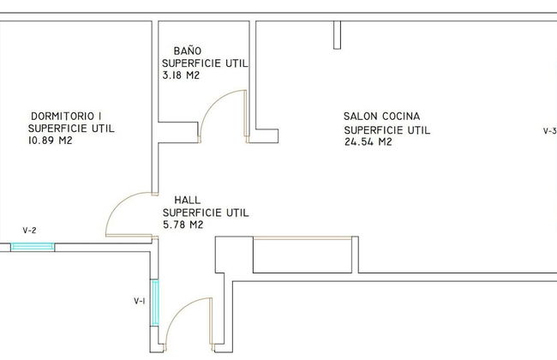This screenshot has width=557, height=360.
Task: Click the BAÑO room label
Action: (188, 51)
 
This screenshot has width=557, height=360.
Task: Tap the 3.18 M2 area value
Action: (181, 75)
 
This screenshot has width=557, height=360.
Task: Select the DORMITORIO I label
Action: (67, 116)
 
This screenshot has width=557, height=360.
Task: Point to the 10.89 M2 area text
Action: (50, 141)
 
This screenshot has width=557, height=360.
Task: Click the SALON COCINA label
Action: (382, 117)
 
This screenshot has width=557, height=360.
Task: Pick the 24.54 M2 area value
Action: (368, 141)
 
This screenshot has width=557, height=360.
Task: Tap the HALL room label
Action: (188, 200)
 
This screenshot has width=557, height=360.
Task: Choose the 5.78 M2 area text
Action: (183, 225)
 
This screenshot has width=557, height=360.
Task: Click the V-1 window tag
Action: (140, 301)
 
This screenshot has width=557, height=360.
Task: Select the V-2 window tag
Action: (29, 231)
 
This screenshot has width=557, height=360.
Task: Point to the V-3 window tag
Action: (550, 131)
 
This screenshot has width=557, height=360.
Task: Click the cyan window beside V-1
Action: (155, 303)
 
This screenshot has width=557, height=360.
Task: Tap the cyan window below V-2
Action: (33, 247)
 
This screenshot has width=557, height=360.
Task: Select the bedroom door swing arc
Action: (118, 204)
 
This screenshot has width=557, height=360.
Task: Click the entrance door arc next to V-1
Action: (179, 309)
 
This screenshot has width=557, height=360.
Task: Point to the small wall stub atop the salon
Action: (337, 35)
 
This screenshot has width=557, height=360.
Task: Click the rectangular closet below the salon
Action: (302, 255)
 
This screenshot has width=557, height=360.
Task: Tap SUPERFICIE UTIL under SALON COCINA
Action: (387, 130)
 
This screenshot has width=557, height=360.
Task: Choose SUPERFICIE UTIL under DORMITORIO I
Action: (71, 129)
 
